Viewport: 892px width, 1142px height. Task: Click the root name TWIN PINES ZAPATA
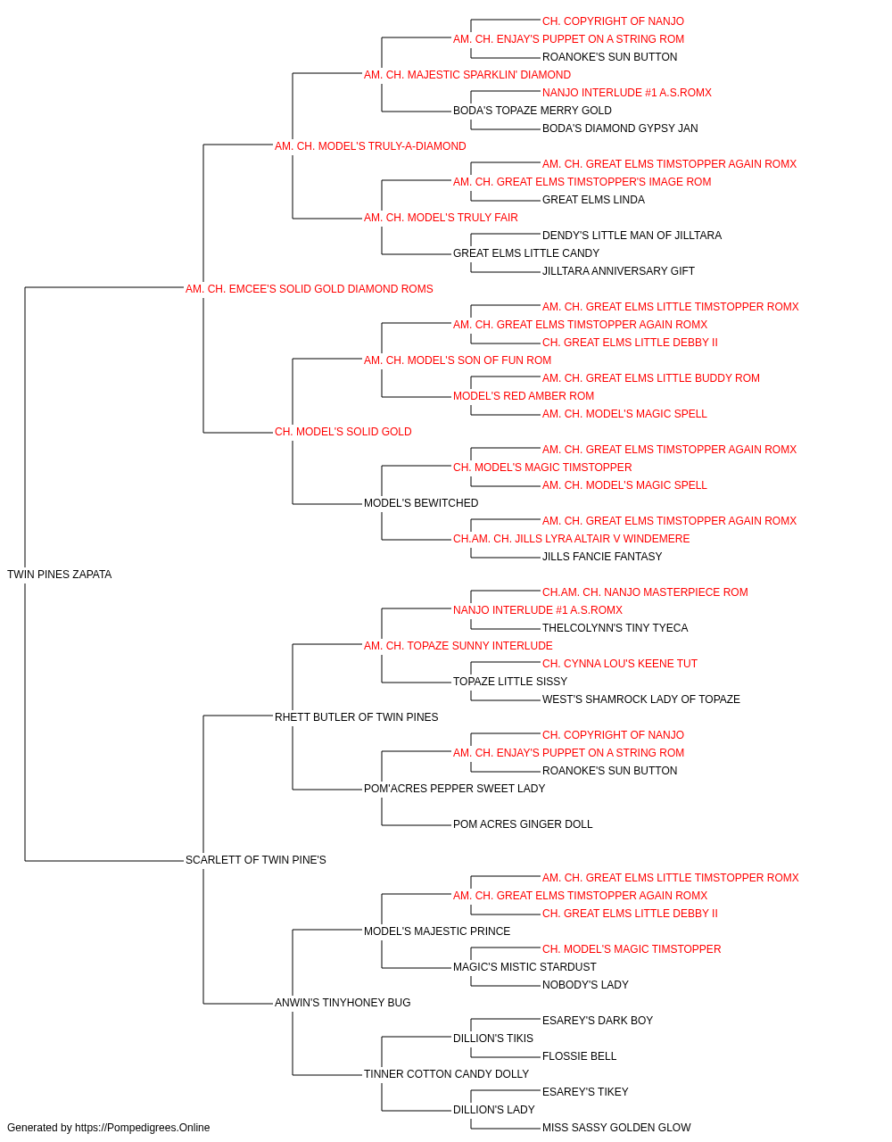tap(60, 575)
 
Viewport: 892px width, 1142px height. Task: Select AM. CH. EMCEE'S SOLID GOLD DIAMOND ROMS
tap(309, 289)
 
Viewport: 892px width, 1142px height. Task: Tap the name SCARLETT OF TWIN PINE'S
tap(255, 860)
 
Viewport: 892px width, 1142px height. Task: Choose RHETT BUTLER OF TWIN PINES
tap(356, 717)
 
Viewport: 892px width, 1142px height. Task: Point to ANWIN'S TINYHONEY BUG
tap(343, 1003)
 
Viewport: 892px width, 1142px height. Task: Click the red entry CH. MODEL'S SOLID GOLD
tap(343, 432)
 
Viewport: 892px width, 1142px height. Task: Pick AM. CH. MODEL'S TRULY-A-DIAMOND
tap(370, 146)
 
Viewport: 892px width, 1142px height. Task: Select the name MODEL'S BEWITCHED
tap(421, 503)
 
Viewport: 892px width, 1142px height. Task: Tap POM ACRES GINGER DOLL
tap(523, 824)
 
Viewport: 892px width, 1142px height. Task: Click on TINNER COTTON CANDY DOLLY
tap(446, 1074)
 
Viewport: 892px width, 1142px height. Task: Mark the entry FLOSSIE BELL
tap(579, 1056)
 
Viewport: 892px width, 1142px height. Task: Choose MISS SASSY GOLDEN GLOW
tap(616, 1128)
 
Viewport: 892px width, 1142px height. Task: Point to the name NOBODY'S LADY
tap(585, 985)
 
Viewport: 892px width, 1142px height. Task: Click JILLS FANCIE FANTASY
tap(602, 557)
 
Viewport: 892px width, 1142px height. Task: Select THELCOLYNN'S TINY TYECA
tap(615, 628)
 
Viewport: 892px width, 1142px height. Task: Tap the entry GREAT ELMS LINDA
tap(593, 200)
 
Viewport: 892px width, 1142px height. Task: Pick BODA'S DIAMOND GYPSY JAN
tap(620, 128)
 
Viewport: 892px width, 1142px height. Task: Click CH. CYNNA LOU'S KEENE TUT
tap(619, 664)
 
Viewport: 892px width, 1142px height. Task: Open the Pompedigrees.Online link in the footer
tap(142, 1128)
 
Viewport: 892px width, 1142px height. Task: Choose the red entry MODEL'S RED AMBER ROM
tap(524, 396)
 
